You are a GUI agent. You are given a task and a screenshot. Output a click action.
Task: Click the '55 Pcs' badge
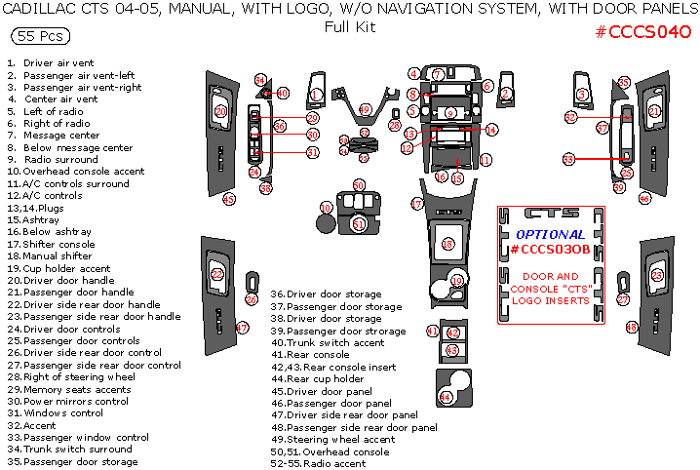coord(38,37)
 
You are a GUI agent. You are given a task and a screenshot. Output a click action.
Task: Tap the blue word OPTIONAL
coord(550,235)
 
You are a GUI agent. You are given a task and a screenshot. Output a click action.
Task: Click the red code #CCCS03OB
coord(550,250)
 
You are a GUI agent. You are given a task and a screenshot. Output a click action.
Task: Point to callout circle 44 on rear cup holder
coord(446,397)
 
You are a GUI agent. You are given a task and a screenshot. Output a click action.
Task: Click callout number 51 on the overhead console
coord(359,224)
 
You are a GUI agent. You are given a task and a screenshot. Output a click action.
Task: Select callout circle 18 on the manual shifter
coord(447,244)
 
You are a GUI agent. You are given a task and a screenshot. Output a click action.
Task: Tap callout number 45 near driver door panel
coord(229,199)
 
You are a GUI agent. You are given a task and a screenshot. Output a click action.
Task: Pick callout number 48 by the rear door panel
coord(632,327)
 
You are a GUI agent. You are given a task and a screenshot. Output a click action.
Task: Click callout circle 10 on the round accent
coord(327,208)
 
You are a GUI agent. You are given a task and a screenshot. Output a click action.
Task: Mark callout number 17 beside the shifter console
coord(416,205)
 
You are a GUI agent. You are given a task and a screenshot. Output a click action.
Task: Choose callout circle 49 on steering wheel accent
coord(366,109)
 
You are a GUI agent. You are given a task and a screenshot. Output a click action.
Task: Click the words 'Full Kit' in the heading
coord(349,27)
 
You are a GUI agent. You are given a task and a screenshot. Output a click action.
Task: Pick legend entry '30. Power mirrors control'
coord(68,402)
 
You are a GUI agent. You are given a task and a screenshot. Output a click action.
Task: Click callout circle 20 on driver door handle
coord(220,111)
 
